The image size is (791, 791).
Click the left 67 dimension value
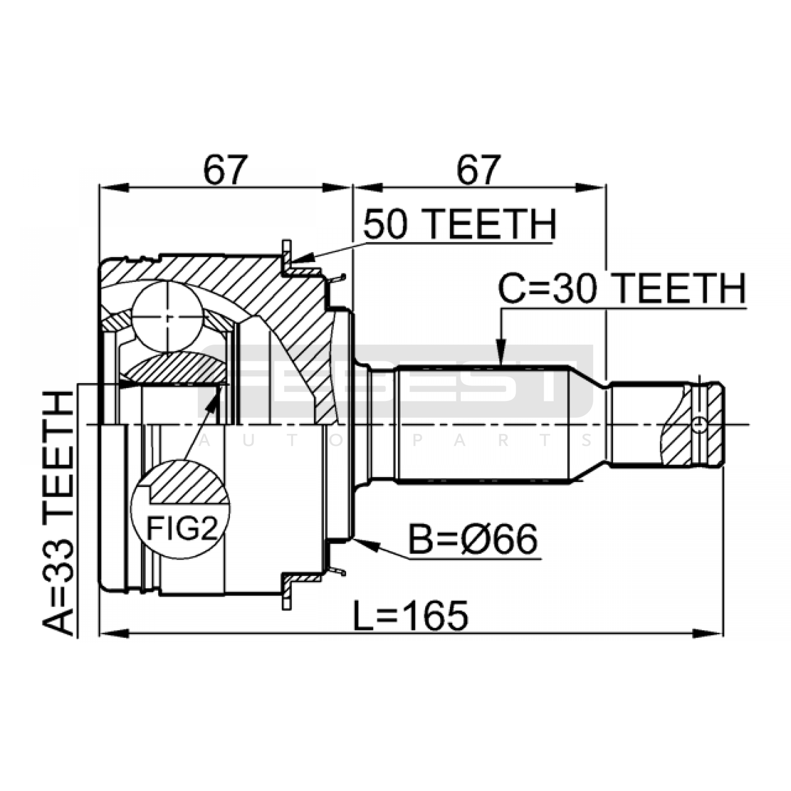coord(224,169)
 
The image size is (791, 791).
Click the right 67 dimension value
coord(478,169)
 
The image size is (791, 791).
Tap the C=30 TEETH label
coord(622,289)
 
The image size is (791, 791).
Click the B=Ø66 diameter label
coord(473,539)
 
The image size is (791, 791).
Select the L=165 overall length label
coord(411,616)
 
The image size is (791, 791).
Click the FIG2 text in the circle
coord(182,528)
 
